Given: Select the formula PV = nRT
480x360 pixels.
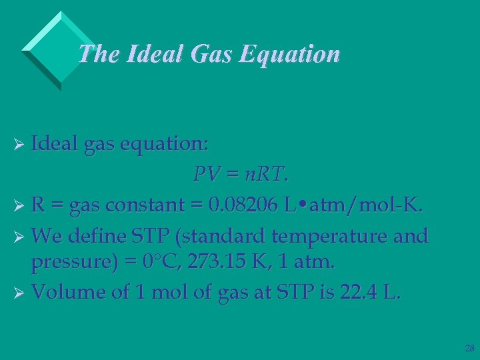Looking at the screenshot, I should coord(241,175).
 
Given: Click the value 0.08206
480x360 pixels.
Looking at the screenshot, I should coord(242,206).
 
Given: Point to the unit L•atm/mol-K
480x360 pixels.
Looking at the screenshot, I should coord(353,206).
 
